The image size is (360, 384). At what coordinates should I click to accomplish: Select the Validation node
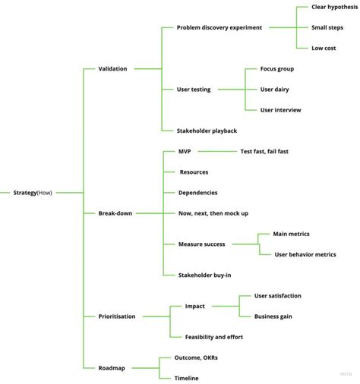point(113,69)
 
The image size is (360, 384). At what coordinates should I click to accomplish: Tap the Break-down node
point(115,213)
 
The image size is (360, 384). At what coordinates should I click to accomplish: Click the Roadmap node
point(112,367)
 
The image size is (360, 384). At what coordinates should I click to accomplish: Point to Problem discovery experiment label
point(219,27)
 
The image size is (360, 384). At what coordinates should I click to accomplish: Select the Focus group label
point(277,69)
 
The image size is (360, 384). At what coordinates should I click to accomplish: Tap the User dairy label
point(276,90)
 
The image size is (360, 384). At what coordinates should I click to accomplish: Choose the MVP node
point(185,151)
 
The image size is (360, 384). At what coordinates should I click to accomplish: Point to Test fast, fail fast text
point(264,151)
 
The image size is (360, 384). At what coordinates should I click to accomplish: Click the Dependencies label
point(197,193)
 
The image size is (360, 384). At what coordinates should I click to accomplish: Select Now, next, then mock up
point(213,213)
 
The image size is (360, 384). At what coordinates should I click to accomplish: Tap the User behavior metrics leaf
point(305,254)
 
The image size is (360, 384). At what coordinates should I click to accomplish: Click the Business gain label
point(273,316)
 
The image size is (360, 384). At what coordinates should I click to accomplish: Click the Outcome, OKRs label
point(201,357)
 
